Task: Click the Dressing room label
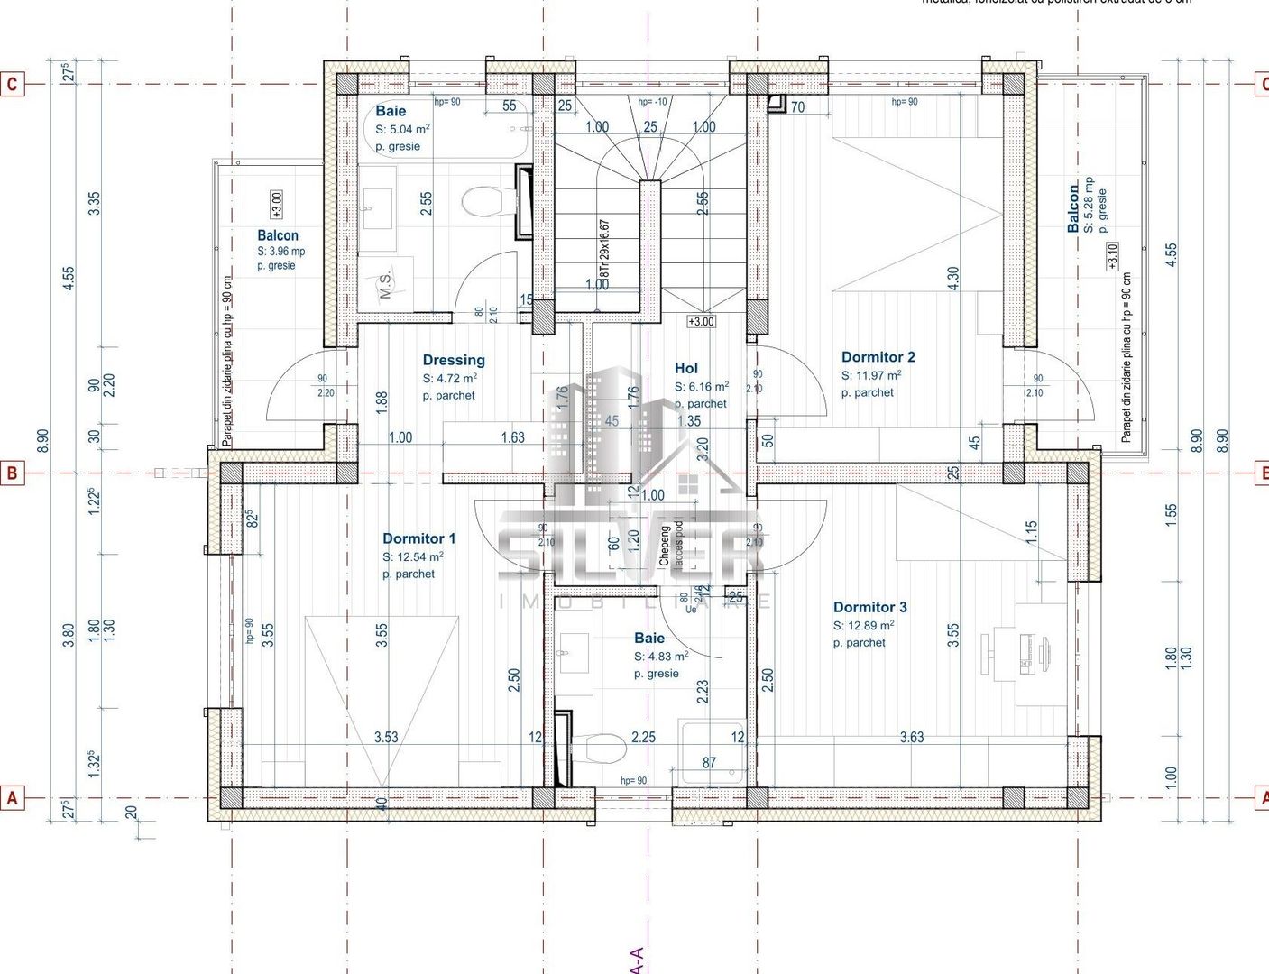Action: (x=454, y=360)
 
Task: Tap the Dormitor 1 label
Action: (x=419, y=538)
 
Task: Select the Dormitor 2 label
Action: (x=878, y=357)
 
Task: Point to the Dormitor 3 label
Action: (x=869, y=607)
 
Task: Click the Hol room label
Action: (x=686, y=368)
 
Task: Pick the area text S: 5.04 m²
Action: (x=402, y=129)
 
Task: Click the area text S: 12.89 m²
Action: (x=863, y=625)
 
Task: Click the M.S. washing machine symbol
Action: (x=386, y=286)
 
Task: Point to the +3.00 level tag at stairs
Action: (x=701, y=321)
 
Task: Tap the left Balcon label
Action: (x=278, y=235)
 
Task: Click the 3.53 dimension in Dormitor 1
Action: (x=386, y=737)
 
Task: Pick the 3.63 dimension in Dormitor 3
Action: (x=912, y=737)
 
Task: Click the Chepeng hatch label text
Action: (x=665, y=546)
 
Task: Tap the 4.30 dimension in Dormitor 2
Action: (x=953, y=278)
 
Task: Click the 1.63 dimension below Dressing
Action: (x=512, y=437)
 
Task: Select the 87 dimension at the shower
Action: (x=709, y=762)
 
